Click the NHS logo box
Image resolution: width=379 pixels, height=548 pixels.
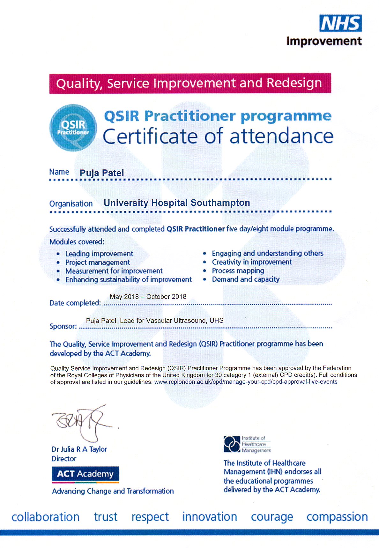pyautogui.click(x=340, y=23)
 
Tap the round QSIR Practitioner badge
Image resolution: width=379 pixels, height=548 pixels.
pyautogui.click(x=73, y=128)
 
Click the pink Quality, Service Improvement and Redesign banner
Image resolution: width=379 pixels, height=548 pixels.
pyautogui.click(x=190, y=83)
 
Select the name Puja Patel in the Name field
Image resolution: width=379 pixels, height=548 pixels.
pyautogui.click(x=102, y=173)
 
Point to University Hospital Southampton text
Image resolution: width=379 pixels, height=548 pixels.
pyautogui.click(x=177, y=203)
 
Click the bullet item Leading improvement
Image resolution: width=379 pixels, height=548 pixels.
pyautogui.click(x=99, y=254)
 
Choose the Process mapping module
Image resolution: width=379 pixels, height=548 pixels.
pyautogui.click(x=238, y=271)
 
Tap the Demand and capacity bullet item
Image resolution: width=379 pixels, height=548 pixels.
pyautogui.click(x=246, y=279)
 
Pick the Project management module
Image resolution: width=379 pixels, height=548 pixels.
pyautogui.click(x=97, y=262)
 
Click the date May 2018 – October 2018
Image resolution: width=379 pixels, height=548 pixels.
pyautogui.click(x=148, y=297)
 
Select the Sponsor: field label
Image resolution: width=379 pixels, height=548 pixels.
pyautogui.click(x=63, y=326)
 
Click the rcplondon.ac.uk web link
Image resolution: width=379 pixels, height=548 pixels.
pyautogui.click(x=246, y=382)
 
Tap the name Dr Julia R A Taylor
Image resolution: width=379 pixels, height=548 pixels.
pyautogui.click(x=79, y=449)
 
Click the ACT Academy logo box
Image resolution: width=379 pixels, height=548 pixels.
pyautogui.click(x=85, y=474)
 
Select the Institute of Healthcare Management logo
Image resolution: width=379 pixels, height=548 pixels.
pyautogui.click(x=247, y=444)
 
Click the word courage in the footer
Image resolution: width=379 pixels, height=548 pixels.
pyautogui.click(x=272, y=517)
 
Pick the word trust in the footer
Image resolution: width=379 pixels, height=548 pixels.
pyautogui.click(x=106, y=517)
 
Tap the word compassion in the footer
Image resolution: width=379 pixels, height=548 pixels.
pyautogui.click(x=337, y=517)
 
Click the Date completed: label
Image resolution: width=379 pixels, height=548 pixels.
pyautogui.click(x=75, y=303)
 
